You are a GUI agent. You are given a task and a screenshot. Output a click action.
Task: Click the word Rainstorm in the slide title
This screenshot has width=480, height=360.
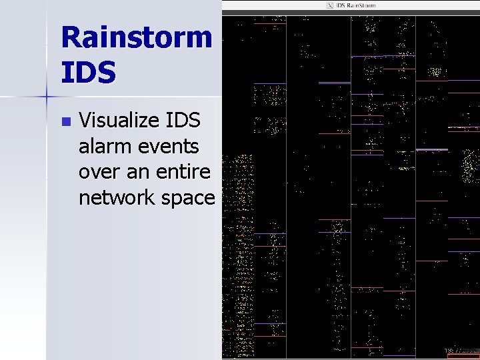136,38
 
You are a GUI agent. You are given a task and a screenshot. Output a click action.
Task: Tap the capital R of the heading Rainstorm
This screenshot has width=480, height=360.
74,38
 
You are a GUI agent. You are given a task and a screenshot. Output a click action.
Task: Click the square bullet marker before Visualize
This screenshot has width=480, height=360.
65,122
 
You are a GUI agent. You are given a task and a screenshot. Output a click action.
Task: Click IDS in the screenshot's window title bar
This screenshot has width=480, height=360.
341,5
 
